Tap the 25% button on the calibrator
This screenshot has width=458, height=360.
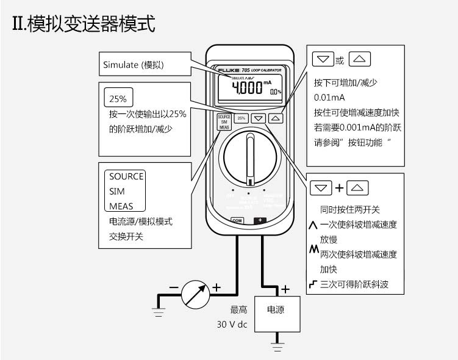click(x=241, y=118)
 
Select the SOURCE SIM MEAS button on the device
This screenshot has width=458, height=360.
click(x=224, y=121)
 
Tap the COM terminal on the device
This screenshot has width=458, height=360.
click(x=237, y=220)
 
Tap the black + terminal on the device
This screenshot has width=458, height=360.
click(x=261, y=220)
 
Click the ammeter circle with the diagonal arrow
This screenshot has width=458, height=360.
click(x=195, y=295)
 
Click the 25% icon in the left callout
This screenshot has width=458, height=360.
click(x=118, y=98)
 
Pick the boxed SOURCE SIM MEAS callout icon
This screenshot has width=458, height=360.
click(x=126, y=191)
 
